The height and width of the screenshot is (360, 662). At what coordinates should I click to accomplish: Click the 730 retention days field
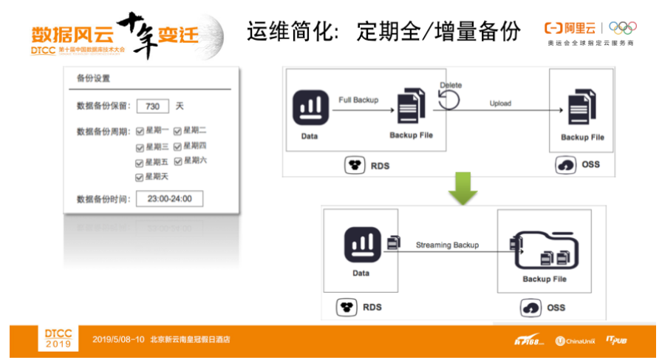(x=153, y=106)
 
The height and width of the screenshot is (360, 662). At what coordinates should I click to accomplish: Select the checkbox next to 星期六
(x=178, y=161)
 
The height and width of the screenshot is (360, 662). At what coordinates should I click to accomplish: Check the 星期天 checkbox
(x=140, y=177)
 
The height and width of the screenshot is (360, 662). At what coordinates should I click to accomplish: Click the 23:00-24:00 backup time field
(x=169, y=199)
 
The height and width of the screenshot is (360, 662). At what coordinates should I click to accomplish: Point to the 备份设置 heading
(x=93, y=78)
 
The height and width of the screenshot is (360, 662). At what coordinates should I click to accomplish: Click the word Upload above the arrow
(x=500, y=103)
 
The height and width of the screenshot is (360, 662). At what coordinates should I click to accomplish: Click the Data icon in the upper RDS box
(x=310, y=108)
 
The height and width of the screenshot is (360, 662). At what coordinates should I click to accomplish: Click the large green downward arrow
(x=463, y=188)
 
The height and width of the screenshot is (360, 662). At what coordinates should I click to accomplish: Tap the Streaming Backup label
(x=447, y=245)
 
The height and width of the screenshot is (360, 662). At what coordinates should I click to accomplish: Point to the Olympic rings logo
(x=623, y=28)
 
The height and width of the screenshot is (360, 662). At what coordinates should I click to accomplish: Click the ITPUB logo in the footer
(x=616, y=340)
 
